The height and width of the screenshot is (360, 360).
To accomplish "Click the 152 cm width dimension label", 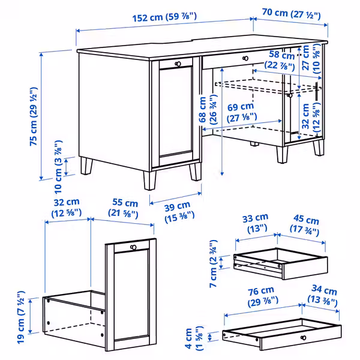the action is pos(164,17).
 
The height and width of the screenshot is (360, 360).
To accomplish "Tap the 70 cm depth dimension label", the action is pos(291,14).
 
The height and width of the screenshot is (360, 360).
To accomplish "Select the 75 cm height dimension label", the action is pos(34,116).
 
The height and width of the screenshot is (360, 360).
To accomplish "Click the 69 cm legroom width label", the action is pos(242,112).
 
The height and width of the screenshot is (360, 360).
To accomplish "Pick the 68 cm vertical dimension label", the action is pos(208,110).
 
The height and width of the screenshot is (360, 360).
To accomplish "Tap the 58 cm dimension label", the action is pos(280,59).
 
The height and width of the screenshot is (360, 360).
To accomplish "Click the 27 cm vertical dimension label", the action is pos(311,59).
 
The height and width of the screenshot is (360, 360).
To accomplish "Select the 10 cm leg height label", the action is pos(58,167).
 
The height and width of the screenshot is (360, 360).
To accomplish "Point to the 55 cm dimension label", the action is pos(123,208).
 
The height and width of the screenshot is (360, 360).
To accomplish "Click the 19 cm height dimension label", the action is pos(21,317).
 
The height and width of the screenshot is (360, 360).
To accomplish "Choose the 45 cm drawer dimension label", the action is pos(305,225).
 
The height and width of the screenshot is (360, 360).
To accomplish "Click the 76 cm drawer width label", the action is pos(263,296).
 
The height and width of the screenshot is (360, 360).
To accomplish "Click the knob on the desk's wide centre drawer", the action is pos(245,58).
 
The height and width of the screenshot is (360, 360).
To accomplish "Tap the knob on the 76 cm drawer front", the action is pos(303,337).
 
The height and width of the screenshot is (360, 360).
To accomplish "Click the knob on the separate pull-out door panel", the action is pos(133,247).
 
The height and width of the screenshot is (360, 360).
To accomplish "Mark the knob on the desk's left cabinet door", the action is pos(178,64).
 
